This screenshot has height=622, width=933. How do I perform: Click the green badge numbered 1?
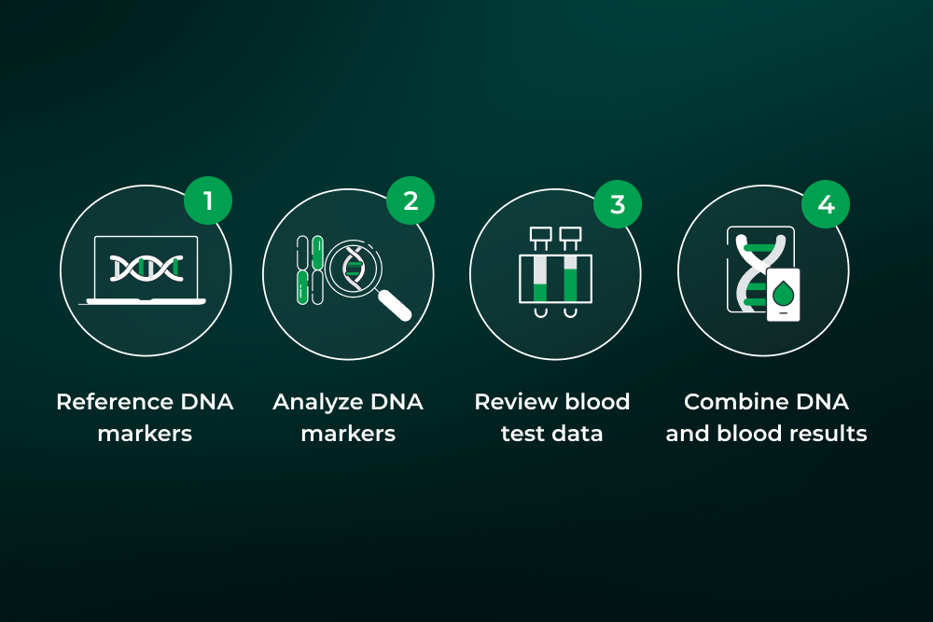coord(207,200)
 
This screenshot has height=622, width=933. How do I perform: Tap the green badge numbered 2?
coord(410,200)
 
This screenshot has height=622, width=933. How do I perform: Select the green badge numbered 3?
coord(618,204)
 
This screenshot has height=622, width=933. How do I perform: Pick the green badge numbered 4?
coord(826,203)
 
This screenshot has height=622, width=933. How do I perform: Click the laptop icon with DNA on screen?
coord(146,270)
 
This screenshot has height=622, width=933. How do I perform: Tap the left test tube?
coord(539,270)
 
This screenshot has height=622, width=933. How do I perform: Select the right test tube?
coord(570,270)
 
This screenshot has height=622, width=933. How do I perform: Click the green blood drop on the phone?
coord(783,295)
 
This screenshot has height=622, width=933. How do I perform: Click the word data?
coord(579,434)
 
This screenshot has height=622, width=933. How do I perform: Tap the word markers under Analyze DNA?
coord(348,434)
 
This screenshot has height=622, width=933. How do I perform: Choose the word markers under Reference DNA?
coord(145,434)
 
